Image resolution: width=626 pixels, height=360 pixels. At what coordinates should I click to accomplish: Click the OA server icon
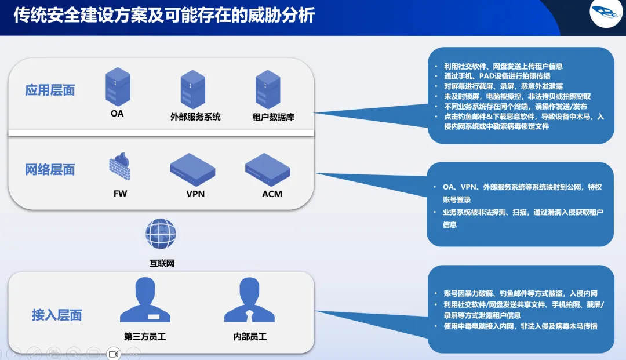tap(118, 86)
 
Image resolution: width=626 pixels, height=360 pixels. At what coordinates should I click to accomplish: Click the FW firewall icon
tap(119, 166)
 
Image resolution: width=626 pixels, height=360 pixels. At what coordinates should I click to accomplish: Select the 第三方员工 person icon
tap(145, 300)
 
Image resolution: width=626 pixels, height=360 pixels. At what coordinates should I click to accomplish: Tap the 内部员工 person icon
tap(249, 300)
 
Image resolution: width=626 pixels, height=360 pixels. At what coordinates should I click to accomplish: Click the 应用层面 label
tap(50, 90)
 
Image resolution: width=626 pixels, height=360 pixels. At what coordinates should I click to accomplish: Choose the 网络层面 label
tap(50, 170)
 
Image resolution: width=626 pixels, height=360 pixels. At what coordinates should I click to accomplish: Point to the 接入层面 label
tap(57, 315)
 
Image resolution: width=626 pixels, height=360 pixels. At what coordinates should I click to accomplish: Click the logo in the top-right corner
tap(605, 14)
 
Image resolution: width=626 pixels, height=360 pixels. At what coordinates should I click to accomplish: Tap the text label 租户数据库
tap(273, 117)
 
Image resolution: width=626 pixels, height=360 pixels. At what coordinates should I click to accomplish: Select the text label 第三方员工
tap(145, 336)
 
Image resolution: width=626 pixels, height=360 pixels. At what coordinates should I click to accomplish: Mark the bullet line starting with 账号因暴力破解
tap(520, 293)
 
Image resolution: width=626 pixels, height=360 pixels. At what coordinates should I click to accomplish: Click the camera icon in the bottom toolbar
tap(113, 353)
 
